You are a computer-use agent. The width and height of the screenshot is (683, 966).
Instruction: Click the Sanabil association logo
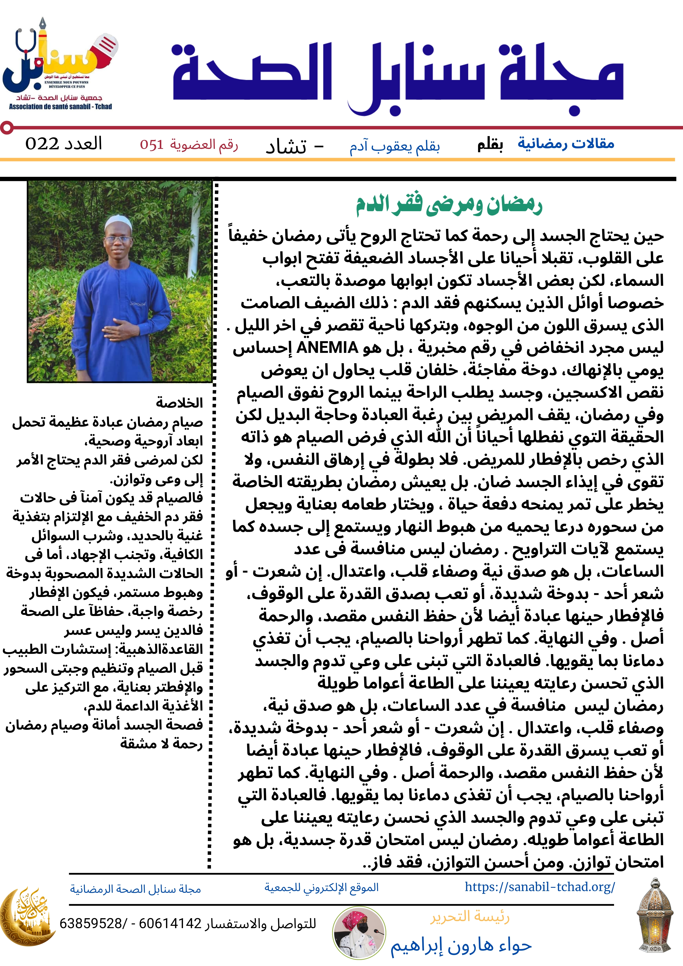[x=60, y=63]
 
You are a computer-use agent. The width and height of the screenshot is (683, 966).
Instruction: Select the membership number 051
[x=151, y=145]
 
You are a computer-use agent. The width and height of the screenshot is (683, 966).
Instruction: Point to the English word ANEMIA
[x=327, y=348]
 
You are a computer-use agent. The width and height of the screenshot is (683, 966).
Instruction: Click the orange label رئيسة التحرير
[x=470, y=916]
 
